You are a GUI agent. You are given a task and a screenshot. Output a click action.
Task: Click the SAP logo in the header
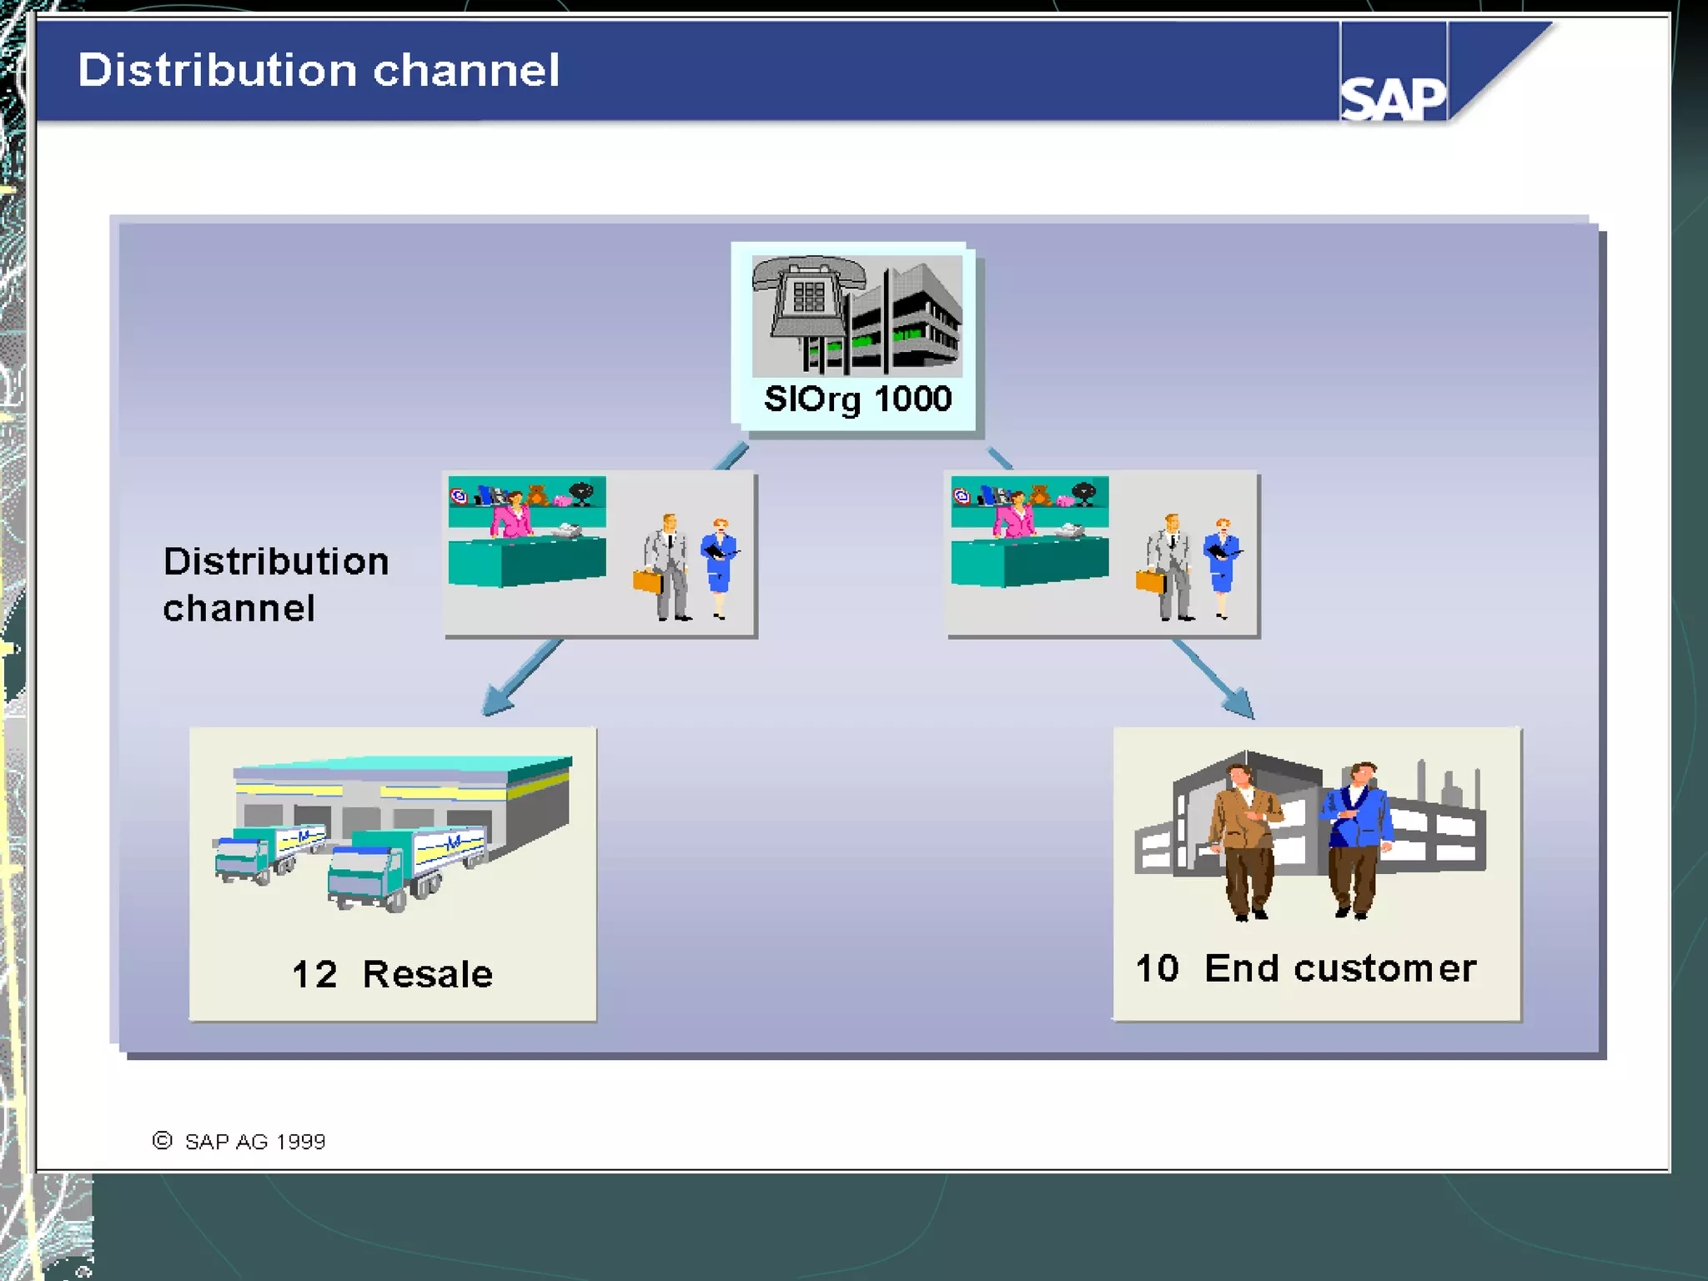click(1392, 98)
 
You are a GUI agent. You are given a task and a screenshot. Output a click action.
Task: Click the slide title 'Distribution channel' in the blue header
click(318, 70)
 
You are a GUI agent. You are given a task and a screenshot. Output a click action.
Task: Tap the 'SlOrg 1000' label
click(857, 399)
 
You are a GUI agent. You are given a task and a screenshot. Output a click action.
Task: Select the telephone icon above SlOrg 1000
click(806, 297)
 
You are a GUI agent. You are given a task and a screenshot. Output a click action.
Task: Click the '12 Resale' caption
click(392, 973)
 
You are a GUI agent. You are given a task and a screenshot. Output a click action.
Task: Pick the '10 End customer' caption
click(1305, 968)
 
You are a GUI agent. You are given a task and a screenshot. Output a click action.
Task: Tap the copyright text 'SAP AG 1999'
click(254, 1141)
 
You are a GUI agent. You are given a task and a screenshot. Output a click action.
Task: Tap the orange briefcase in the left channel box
click(647, 580)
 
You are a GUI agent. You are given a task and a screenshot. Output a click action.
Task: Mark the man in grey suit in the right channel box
click(1170, 567)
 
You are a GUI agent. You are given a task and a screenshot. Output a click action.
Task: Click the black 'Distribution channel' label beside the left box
click(275, 584)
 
